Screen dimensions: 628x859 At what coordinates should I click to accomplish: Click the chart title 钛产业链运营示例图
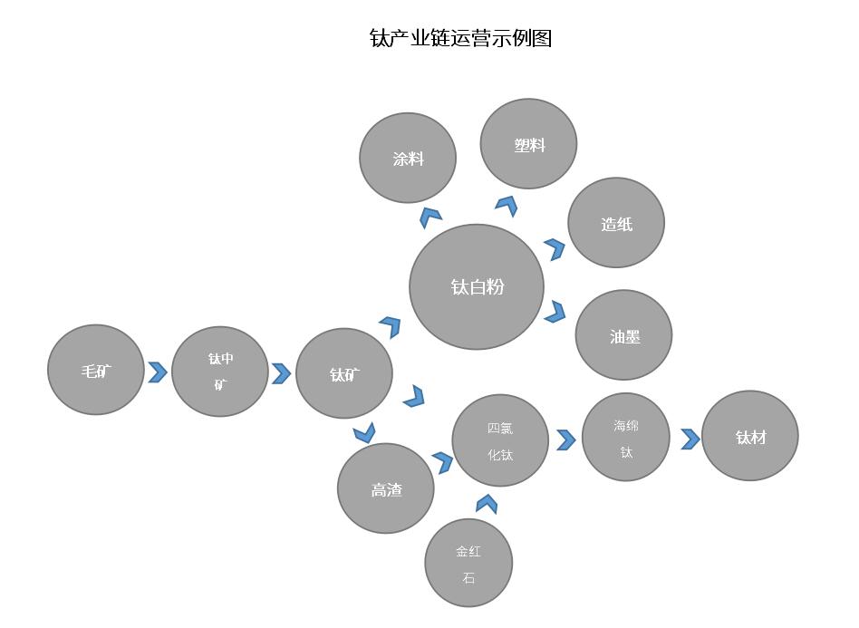pos(460,38)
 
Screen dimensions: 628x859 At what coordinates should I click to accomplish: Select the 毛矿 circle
pos(96,370)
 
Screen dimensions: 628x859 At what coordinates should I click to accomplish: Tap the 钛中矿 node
pos(220,372)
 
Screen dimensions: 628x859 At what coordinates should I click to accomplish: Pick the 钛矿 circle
pos(344,373)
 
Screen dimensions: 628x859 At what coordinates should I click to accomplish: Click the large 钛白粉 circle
pos(477,286)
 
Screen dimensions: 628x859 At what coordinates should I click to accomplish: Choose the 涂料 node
pos(408,158)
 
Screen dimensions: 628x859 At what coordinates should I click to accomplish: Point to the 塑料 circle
pos(528,144)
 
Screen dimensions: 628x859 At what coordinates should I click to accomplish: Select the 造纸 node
pos(616,223)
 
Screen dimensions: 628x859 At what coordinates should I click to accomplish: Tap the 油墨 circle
pos(623,335)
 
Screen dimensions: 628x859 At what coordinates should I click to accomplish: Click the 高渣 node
pos(386,488)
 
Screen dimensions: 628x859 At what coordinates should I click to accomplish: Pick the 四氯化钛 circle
pos(500,440)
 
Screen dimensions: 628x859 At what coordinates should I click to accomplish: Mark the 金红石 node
pos(468,563)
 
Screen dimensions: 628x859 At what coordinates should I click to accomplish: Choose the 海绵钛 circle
pos(626,437)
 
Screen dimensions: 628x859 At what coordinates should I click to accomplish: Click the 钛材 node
pos(750,436)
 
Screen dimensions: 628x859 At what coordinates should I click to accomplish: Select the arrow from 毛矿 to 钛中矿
pos(158,372)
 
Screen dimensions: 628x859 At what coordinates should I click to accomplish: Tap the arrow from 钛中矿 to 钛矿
pos(282,373)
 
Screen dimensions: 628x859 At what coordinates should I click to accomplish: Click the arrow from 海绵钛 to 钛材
pos(690,439)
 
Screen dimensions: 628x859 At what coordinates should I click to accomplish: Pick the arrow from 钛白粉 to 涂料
pos(430,216)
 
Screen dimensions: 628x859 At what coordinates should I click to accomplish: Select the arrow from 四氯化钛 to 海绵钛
pos(566,440)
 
